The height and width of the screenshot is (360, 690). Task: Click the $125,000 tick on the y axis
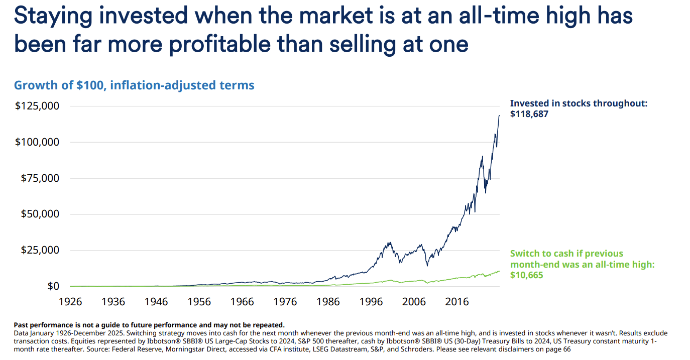[x=37, y=106]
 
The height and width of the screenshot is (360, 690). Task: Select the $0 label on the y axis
[x=54, y=286]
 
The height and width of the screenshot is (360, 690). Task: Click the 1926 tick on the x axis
[x=70, y=302]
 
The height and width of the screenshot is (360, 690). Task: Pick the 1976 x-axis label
[x=285, y=302]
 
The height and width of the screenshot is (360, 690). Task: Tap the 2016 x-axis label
[x=457, y=302]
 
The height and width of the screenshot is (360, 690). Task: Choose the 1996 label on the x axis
[x=372, y=302]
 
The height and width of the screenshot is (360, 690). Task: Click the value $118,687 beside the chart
[x=529, y=114]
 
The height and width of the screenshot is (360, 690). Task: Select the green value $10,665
[x=527, y=275]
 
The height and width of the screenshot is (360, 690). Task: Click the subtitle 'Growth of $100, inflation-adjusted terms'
[x=134, y=85]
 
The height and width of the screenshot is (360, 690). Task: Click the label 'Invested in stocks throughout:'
[x=579, y=103]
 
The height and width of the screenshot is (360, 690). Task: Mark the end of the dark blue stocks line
[x=500, y=115]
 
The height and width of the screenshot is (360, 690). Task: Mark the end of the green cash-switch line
[x=500, y=271]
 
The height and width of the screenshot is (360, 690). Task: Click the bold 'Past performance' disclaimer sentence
[x=149, y=325]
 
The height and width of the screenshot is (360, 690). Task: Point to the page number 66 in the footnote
[x=566, y=349]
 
